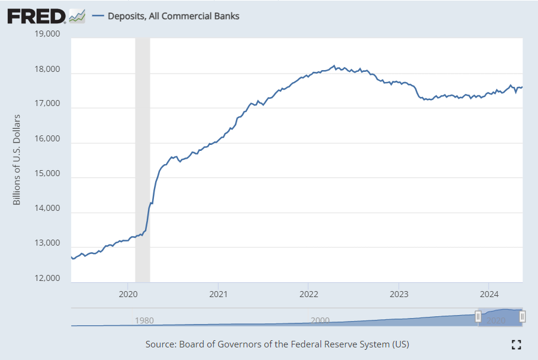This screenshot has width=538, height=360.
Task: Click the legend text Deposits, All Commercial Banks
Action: [x=173, y=16]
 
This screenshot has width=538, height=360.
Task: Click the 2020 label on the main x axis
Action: [x=128, y=294]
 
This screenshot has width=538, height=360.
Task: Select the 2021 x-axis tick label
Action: [x=218, y=294]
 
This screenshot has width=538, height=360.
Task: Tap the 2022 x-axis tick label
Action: [x=308, y=294]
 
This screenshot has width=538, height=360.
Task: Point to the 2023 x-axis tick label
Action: [x=398, y=294]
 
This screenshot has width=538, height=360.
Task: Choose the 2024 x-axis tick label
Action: [x=489, y=294]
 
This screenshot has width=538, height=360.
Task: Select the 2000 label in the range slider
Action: [x=321, y=320]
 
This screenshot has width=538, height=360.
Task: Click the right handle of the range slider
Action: [x=522, y=316]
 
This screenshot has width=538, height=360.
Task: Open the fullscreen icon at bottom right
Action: [x=516, y=344]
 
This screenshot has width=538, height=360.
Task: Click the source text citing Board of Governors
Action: [x=277, y=344]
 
